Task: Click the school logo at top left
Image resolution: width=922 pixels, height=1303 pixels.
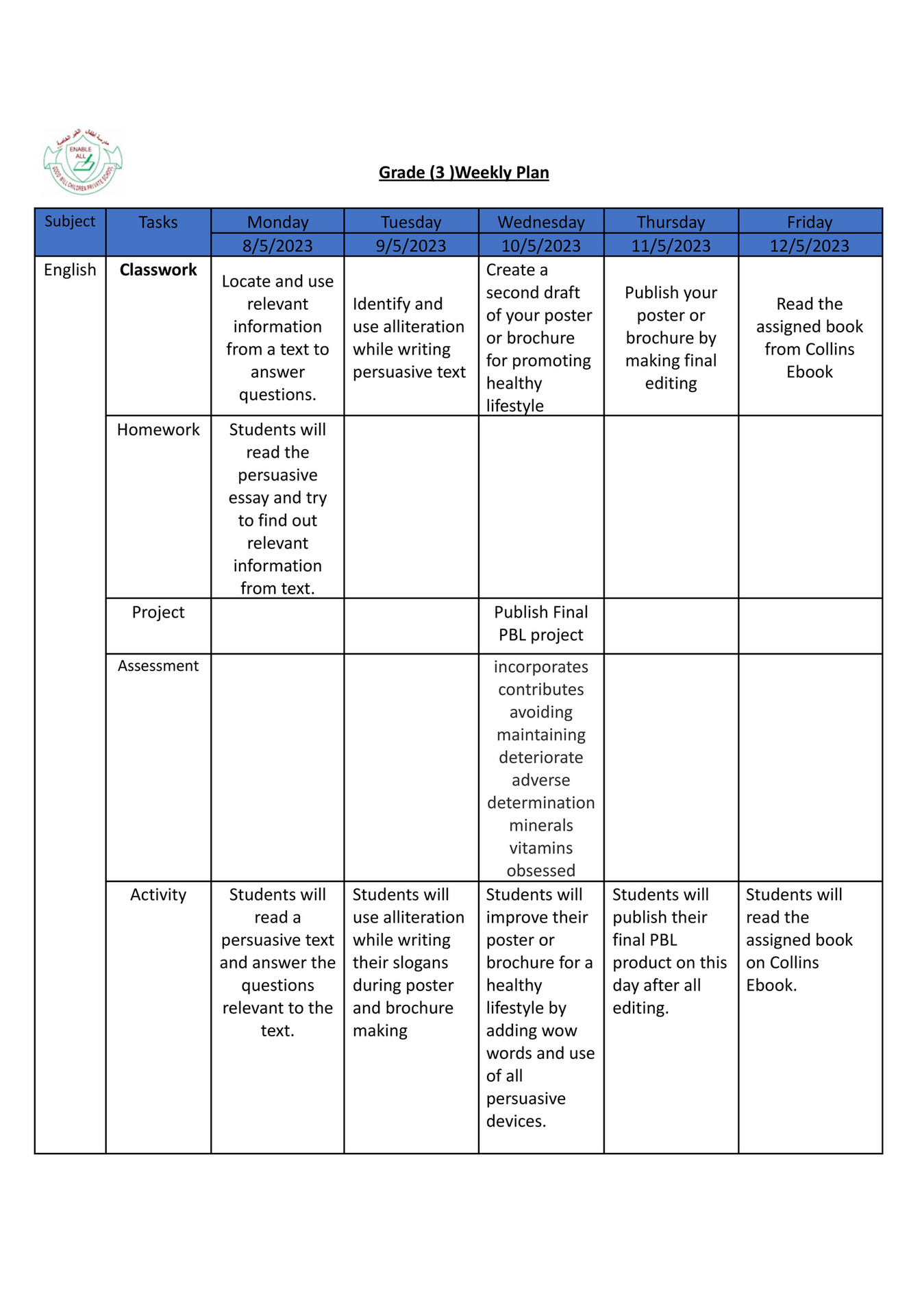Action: click(82, 162)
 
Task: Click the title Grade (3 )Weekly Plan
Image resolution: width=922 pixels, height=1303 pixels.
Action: click(464, 172)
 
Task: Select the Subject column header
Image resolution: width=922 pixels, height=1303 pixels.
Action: click(70, 221)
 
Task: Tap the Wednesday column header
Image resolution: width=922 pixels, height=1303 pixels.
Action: click(540, 222)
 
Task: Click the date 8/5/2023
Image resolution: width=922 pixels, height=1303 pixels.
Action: click(277, 245)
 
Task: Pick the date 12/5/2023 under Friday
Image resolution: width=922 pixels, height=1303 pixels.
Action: click(809, 245)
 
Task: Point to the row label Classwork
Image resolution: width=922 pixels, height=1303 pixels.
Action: click(158, 270)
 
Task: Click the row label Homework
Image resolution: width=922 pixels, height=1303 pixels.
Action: click(158, 430)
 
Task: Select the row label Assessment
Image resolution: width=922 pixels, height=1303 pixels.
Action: click(158, 666)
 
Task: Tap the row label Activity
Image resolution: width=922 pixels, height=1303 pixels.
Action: click(158, 894)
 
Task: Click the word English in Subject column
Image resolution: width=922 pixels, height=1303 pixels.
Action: click(70, 270)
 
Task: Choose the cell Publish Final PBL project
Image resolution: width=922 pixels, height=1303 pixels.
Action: click(540, 623)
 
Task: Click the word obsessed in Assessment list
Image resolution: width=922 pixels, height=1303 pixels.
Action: click(540, 870)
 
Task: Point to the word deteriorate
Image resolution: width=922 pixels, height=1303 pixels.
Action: click(540, 757)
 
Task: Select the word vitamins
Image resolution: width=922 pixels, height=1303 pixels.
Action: click(540, 848)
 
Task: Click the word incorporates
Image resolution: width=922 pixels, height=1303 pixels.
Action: click(540, 667)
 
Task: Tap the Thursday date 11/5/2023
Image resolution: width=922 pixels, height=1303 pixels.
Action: click(671, 245)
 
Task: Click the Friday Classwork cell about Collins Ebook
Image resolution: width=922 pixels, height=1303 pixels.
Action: click(809, 337)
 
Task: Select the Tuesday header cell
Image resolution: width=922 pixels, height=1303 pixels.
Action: click(411, 222)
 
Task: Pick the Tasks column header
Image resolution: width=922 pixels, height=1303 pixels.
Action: click(158, 222)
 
